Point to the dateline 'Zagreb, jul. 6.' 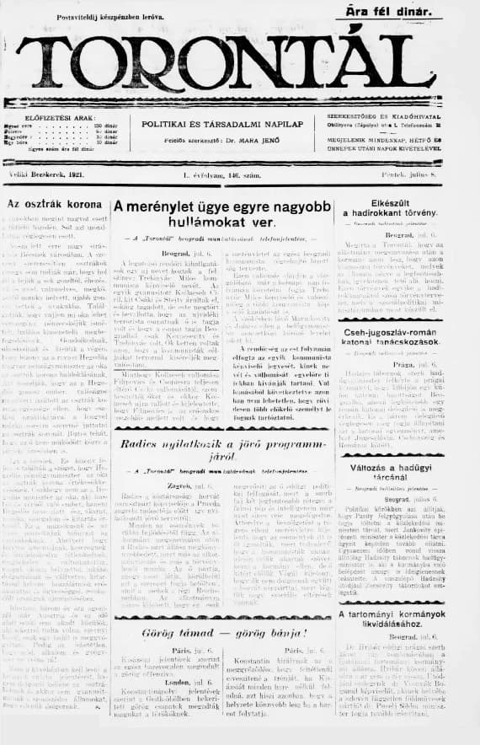tap(164, 485)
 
